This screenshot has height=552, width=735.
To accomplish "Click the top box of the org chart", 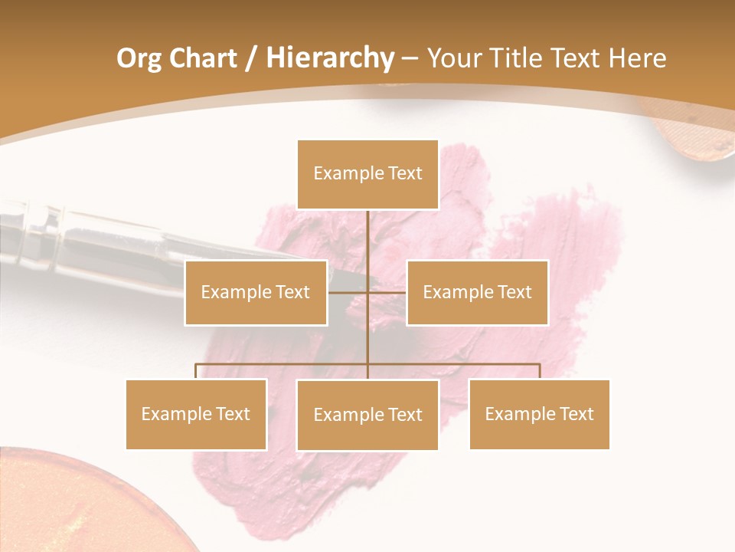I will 367,174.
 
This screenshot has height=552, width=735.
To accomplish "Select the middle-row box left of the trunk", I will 256,292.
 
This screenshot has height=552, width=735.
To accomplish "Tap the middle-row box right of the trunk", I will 477,292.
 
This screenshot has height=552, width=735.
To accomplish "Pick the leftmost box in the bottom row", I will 196,414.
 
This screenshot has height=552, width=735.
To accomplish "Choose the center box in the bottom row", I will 367,415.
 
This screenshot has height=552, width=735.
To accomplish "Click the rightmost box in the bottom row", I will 539,414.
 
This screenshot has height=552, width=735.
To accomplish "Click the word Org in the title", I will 139,58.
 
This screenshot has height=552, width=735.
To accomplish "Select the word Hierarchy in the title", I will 329,58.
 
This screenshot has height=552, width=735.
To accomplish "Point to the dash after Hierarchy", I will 410,58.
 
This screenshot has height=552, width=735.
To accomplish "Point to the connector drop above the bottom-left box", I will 196,372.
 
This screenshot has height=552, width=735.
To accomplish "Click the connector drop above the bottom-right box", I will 540,372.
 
